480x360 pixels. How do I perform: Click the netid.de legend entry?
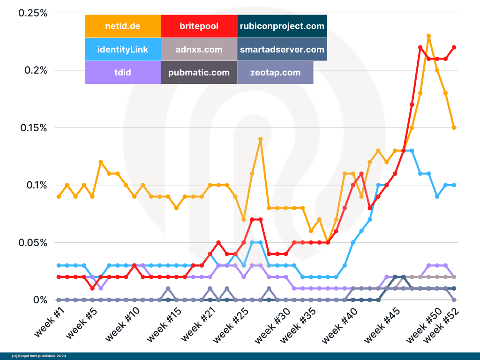pos(123,26)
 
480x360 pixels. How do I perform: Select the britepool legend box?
pos(199,26)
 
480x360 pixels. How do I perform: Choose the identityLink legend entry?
pos(123,49)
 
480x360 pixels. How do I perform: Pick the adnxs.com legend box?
pos(199,49)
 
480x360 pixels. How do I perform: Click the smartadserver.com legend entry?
pos(282,49)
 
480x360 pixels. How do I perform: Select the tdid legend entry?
pos(123,73)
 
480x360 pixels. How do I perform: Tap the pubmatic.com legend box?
pos(199,73)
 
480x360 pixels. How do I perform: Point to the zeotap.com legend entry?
pos(275,73)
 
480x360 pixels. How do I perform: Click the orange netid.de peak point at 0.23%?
pos(428,36)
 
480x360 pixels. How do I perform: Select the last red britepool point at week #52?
pos(454,47)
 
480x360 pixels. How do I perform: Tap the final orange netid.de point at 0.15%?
pos(454,127)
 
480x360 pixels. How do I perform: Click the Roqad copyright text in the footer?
pos(38,356)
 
